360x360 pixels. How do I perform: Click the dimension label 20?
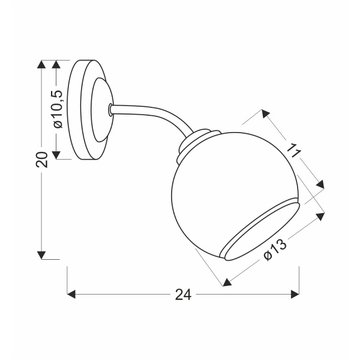(41, 159)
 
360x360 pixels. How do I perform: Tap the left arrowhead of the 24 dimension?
(71, 294)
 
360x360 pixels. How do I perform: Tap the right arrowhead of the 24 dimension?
(295, 294)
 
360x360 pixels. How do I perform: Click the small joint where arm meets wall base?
(110, 110)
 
